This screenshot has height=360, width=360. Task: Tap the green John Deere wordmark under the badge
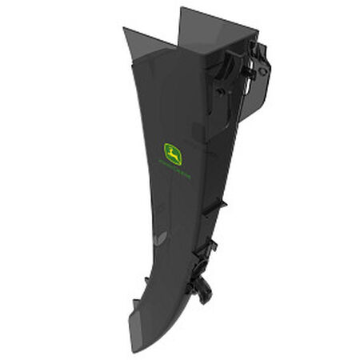coord(175,170)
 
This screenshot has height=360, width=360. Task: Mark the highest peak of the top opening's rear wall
coord(182,8)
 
